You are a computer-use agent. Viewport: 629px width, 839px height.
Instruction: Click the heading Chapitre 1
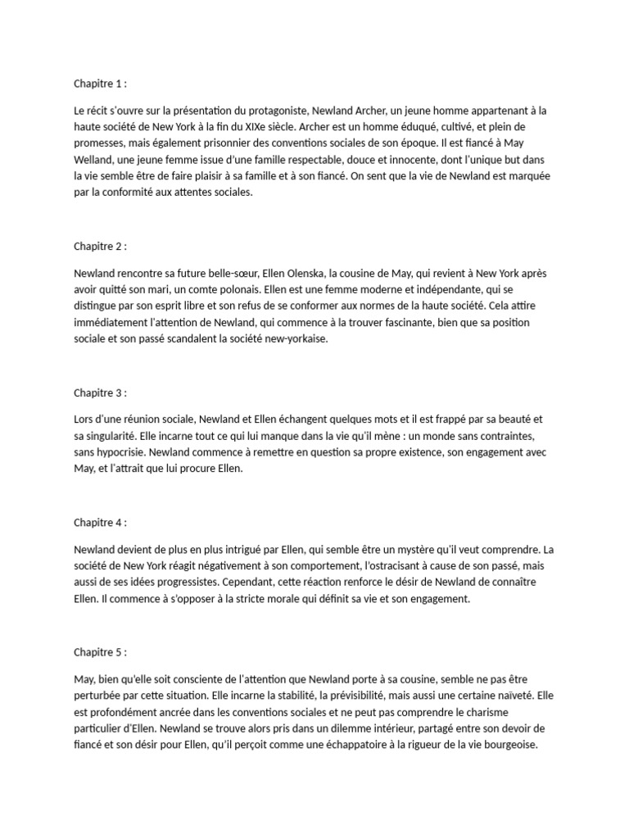point(100,83)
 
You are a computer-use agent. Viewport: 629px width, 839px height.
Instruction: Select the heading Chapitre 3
point(100,392)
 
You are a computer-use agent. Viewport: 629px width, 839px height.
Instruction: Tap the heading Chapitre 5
point(100,652)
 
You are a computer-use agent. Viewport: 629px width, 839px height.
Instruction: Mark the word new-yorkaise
point(292,339)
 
